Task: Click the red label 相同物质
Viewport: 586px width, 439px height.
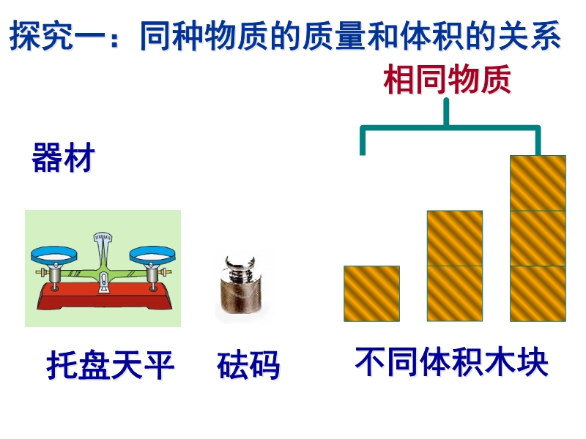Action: tap(448, 79)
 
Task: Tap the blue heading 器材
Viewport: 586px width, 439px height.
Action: tap(64, 157)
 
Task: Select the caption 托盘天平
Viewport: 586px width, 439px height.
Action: tap(111, 365)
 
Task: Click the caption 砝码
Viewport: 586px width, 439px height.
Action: tap(248, 365)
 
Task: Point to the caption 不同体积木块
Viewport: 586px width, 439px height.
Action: tap(451, 361)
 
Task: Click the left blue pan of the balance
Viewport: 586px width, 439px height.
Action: tap(54, 255)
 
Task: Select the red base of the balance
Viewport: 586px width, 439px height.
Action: tap(104, 296)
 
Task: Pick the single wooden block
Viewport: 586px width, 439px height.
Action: tap(372, 294)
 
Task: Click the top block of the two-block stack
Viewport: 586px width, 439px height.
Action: tap(455, 239)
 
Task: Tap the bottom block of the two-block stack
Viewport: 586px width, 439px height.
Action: tap(455, 294)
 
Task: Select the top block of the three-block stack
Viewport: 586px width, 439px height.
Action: tap(538, 184)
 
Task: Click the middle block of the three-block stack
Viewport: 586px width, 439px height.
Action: tap(538, 239)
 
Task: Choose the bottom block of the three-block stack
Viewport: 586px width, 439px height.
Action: tap(538, 294)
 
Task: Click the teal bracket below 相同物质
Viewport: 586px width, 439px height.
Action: tap(450, 127)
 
